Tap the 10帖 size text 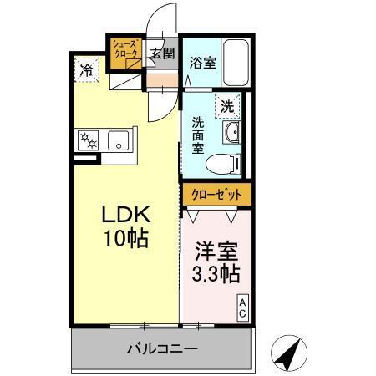tap(125, 239)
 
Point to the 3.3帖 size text tap(216, 275)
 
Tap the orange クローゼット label tap(216, 194)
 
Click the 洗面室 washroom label tap(199, 134)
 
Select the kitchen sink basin tap(119, 142)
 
